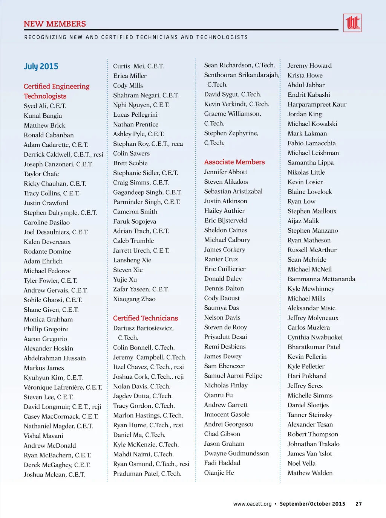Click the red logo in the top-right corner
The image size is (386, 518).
coord(352,23)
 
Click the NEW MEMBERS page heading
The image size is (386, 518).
coord(55,24)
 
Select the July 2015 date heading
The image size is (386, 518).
coord(41,67)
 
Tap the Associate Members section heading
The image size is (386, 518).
coord(234,162)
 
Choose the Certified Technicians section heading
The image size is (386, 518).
coord(145,318)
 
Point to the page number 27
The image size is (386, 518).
coord(358,504)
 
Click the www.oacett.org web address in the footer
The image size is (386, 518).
coord(252,504)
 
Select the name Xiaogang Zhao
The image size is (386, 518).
coord(134,299)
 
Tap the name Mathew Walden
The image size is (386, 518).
coord(310,473)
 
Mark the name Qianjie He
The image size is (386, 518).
coord(219,472)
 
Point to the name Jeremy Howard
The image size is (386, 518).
coord(309,66)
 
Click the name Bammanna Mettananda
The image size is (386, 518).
coord(321,279)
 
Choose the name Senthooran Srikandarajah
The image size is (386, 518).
coord(241,75)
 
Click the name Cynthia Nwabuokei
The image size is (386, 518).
coord(315,337)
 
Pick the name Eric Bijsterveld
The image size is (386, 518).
coord(225,220)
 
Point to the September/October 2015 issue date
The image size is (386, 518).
coord(312,504)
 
